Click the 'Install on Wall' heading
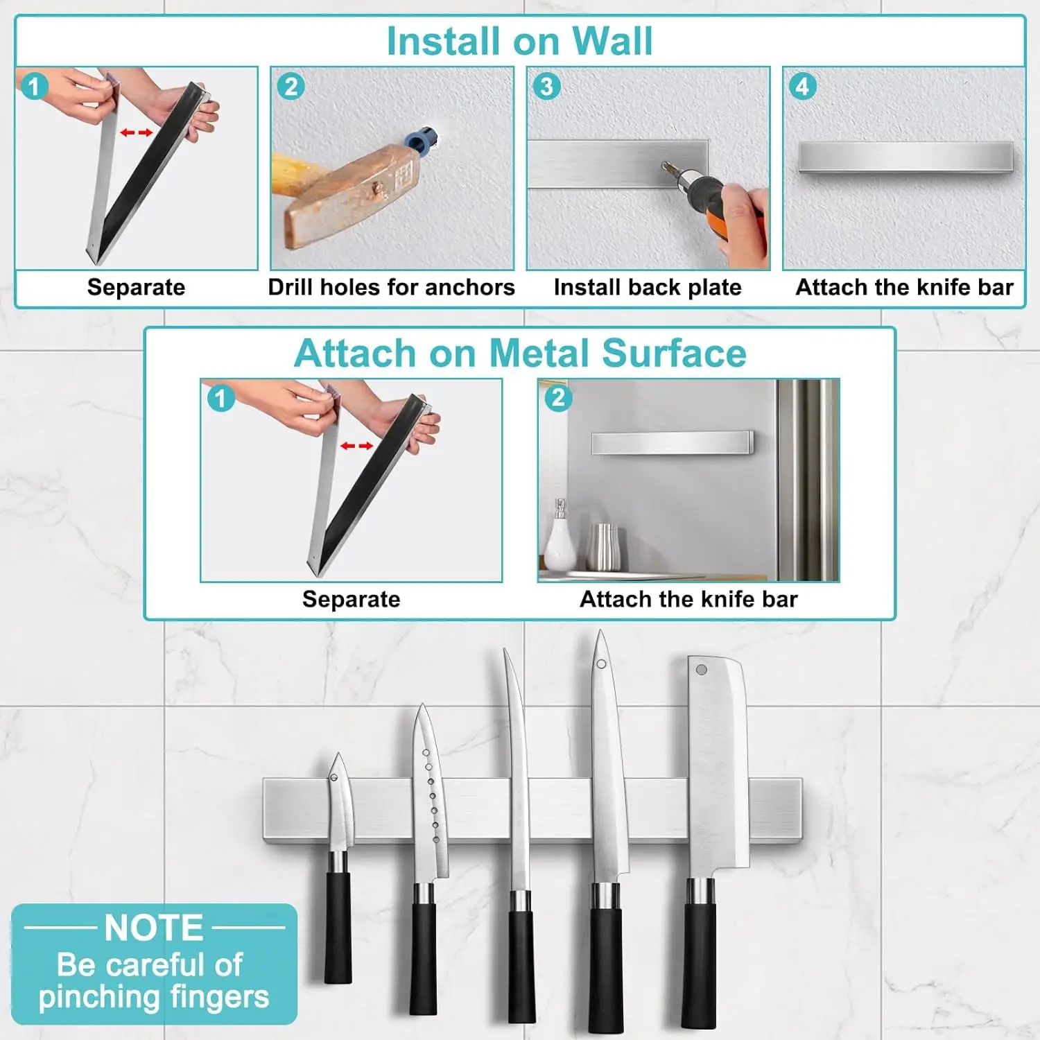pyautogui.click(x=519, y=41)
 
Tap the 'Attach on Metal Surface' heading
pyautogui.click(x=520, y=353)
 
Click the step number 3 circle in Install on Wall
pyautogui.click(x=546, y=87)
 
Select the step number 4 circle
pyautogui.click(x=802, y=87)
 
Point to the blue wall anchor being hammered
pyautogui.click(x=421, y=139)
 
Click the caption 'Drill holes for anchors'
pyautogui.click(x=391, y=287)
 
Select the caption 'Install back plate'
pyautogui.click(x=648, y=287)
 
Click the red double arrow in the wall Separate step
pyautogui.click(x=137, y=132)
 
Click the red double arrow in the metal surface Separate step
pyautogui.click(x=356, y=446)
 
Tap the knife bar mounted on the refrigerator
pyautogui.click(x=671, y=442)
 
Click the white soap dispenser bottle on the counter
pyautogui.click(x=559, y=541)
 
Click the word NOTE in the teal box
pyautogui.click(x=154, y=928)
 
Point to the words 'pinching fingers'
pyautogui.click(x=154, y=997)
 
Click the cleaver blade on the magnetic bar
pyautogui.click(x=718, y=763)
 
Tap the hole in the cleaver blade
pyautogui.click(x=702, y=670)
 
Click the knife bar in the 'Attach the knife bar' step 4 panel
pyautogui.click(x=905, y=157)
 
